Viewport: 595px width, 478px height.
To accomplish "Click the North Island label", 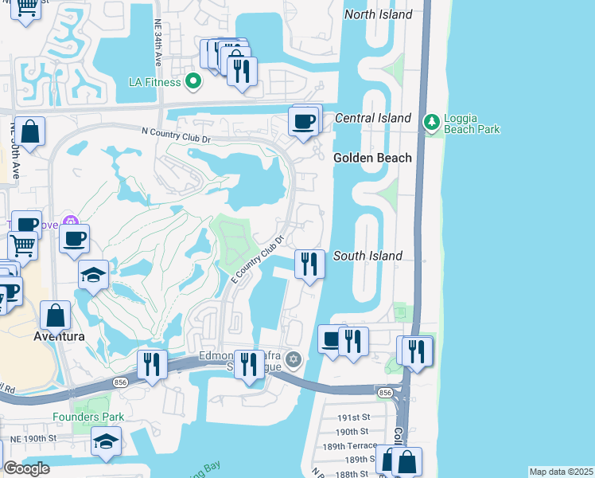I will (378, 14).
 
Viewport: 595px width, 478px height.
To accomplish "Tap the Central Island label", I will (372, 118).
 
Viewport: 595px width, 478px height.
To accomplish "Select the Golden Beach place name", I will (372, 158).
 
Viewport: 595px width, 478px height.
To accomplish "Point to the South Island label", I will (367, 256).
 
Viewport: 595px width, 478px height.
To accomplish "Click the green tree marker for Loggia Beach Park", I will (432, 122).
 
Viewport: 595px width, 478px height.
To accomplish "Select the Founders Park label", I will (88, 417).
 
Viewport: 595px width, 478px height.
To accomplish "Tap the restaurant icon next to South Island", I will (309, 264).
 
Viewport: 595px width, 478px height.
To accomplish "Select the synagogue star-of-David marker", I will (294, 360).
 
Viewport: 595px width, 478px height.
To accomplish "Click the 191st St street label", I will (354, 417).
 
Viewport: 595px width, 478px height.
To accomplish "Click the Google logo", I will (26, 468).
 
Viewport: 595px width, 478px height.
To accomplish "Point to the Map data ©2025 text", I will (560, 472).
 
